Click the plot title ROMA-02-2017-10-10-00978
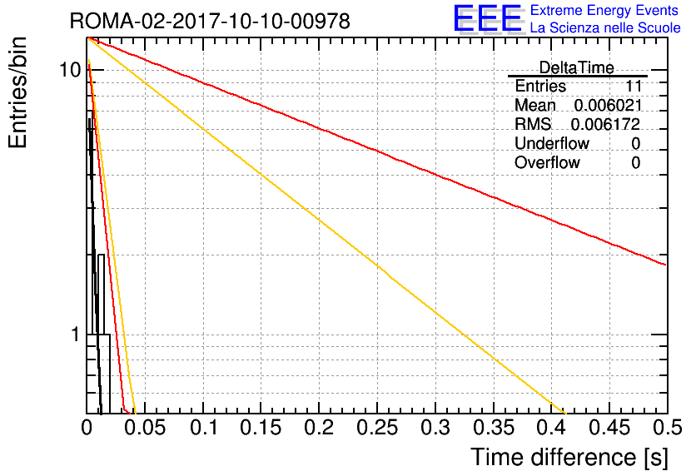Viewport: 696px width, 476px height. pyautogui.click(x=210, y=21)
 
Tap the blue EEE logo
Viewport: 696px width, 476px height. pyautogui.click(x=488, y=19)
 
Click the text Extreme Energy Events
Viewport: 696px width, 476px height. pyautogui.click(x=604, y=10)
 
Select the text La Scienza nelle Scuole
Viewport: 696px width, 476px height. pyautogui.click(x=605, y=27)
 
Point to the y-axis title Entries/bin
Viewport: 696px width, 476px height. pyautogui.click(x=17, y=92)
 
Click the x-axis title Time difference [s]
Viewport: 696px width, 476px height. pyautogui.click(x=569, y=458)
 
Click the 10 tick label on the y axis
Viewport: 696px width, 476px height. pyautogui.click(x=70, y=70)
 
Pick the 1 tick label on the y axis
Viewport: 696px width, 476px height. pyautogui.click(x=76, y=335)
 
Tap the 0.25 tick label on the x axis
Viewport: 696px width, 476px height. pyautogui.click(x=377, y=428)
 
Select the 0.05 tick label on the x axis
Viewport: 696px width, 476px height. pyautogui.click(x=145, y=428)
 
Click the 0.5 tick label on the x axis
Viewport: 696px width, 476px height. pyautogui.click(x=667, y=428)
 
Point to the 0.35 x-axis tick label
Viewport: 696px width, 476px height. pyautogui.click(x=493, y=428)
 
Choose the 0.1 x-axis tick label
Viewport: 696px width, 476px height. pyautogui.click(x=203, y=428)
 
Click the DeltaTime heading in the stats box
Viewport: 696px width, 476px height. pyautogui.click(x=576, y=68)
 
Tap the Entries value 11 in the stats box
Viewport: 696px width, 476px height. pyautogui.click(x=634, y=86)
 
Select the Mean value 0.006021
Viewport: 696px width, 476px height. pyautogui.click(x=608, y=105)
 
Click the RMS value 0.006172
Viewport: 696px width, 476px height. pyautogui.click(x=605, y=124)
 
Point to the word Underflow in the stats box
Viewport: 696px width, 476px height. pyautogui.click(x=552, y=143)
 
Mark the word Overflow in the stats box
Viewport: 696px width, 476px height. pyautogui.click(x=547, y=162)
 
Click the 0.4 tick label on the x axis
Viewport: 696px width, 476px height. pyautogui.click(x=551, y=428)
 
